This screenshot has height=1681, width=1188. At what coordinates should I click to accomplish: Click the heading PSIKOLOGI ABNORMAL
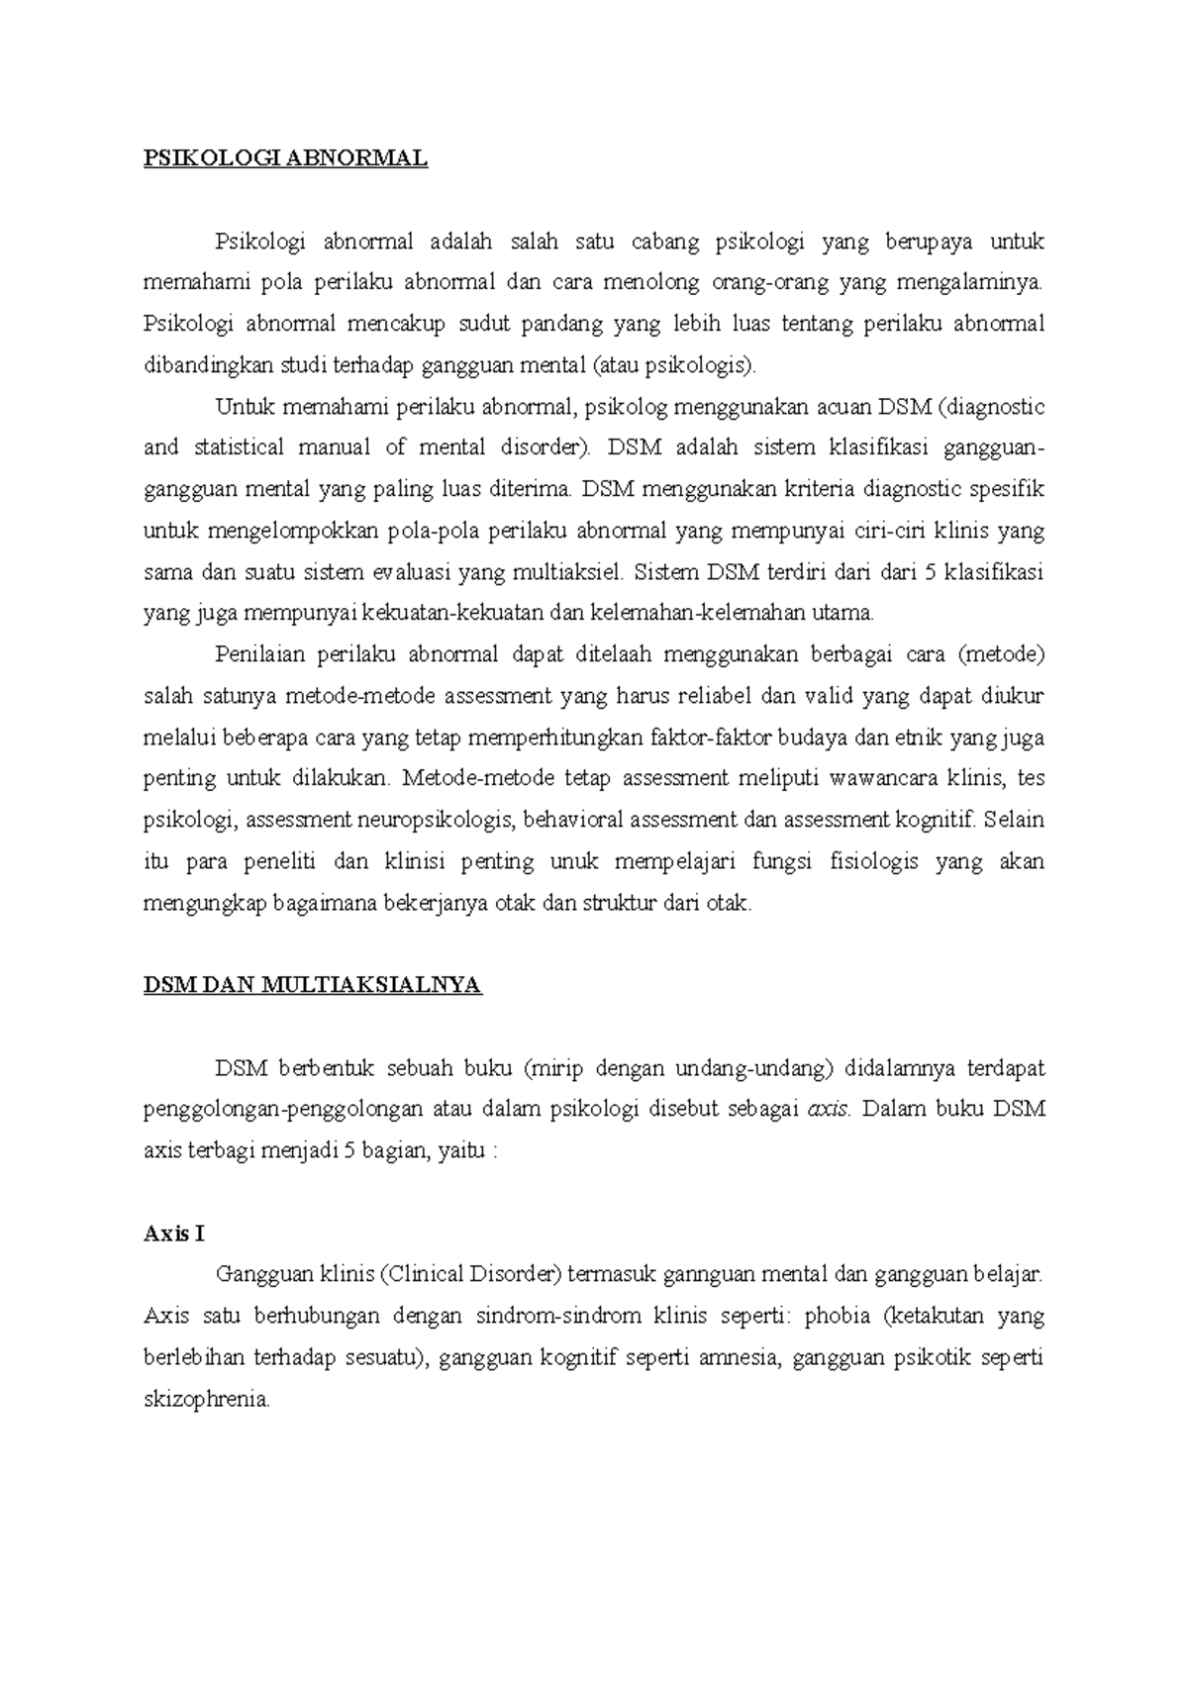(x=285, y=158)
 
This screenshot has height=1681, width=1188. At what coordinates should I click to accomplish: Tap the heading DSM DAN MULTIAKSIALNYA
(x=312, y=985)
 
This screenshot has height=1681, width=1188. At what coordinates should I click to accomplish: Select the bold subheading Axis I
(x=173, y=1234)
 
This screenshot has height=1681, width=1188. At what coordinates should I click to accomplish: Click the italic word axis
(x=829, y=1110)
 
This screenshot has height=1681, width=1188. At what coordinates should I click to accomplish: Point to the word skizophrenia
(x=206, y=1400)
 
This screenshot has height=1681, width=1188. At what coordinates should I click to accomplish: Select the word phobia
(x=838, y=1317)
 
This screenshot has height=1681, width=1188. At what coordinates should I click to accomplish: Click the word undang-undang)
(x=756, y=1068)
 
